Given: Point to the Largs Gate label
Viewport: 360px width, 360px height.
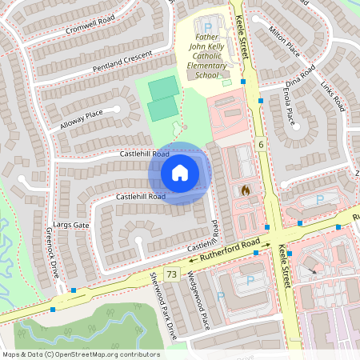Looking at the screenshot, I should (71, 226).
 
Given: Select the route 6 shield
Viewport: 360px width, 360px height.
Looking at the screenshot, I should (261, 143).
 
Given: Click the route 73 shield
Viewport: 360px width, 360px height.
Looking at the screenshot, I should (171, 274).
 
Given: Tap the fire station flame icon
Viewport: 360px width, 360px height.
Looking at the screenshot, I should (246, 190).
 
